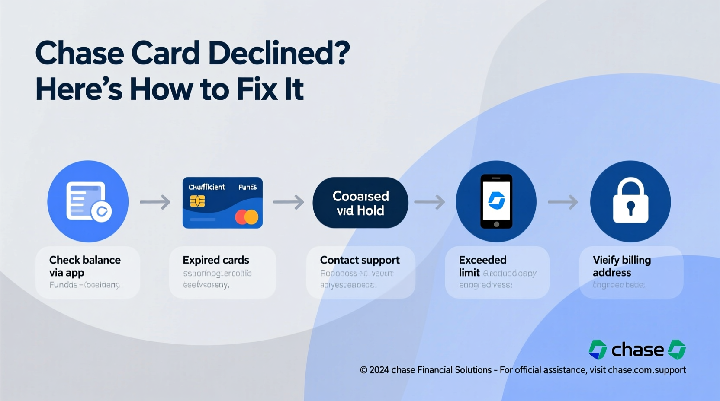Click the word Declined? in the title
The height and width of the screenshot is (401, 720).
(x=279, y=54)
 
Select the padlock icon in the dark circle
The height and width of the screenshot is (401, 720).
(x=630, y=201)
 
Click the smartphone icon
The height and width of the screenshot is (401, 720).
(x=496, y=201)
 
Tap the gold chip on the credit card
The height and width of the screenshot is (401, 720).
(x=197, y=201)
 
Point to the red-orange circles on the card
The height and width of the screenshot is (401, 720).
(x=247, y=217)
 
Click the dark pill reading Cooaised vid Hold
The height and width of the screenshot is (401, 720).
(x=360, y=203)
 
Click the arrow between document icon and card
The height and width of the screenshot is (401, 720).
(x=155, y=202)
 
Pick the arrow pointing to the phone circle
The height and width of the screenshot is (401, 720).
(x=430, y=202)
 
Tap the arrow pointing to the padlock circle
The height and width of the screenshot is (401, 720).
(x=563, y=202)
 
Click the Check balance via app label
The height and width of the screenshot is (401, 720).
(x=85, y=266)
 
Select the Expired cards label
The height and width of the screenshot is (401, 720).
(x=216, y=260)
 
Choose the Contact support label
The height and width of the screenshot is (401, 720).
(x=360, y=260)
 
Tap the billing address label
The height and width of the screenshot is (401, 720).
(x=621, y=266)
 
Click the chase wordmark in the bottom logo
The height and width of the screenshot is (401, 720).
(x=637, y=350)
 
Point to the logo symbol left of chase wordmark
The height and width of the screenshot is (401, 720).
(x=598, y=350)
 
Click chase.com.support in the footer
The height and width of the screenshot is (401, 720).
(x=647, y=370)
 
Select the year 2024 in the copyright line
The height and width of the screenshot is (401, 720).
(x=379, y=370)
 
